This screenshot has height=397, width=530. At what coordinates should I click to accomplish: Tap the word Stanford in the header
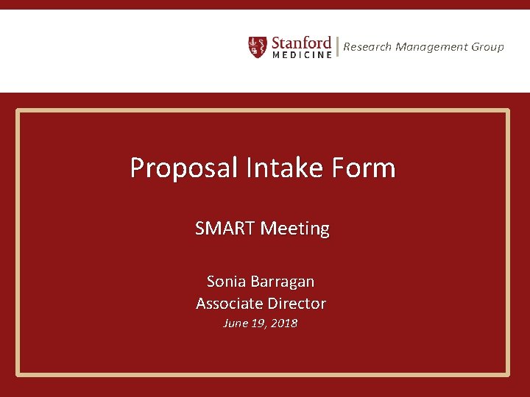click(302, 42)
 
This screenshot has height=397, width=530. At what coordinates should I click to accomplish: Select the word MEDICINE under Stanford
click(302, 55)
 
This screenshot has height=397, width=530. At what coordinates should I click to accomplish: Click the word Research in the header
click(367, 47)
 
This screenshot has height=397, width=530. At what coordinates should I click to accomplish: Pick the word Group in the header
click(487, 47)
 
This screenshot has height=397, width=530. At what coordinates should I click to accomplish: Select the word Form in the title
click(363, 168)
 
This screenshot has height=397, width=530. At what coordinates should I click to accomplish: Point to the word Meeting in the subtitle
click(294, 229)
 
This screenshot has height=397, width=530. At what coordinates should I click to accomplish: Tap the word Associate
click(229, 303)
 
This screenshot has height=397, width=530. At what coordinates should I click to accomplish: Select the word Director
click(296, 303)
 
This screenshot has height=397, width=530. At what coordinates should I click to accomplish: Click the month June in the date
click(236, 323)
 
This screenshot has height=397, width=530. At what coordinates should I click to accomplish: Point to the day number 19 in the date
click(258, 323)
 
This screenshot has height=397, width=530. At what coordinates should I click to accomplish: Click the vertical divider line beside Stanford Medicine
click(337, 47)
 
